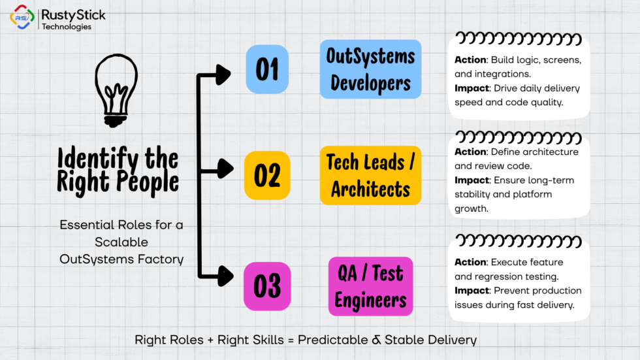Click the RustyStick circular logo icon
[22, 17]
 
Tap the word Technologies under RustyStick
[67, 27]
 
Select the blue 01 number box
[267, 69]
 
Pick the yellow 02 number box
[267, 175]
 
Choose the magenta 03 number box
[267, 286]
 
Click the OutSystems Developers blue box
[371, 69]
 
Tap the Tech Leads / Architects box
[371, 175]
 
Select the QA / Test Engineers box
[371, 286]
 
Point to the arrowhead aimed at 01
[223, 74]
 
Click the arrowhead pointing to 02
[225, 169]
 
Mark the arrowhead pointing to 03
[225, 276]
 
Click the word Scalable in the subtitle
[121, 242]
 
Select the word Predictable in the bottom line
[332, 340]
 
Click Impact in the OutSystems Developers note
[472, 89]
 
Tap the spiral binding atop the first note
[519, 39]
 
